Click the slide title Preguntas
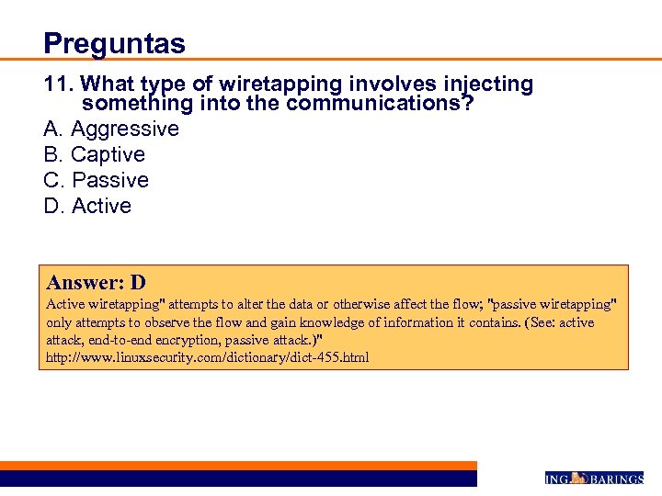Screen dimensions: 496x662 (114, 43)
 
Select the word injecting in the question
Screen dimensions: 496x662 (486, 85)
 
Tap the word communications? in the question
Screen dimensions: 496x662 (380, 104)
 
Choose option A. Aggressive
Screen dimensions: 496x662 (111, 129)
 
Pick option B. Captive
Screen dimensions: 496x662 (95, 154)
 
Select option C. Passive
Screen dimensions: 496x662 (97, 180)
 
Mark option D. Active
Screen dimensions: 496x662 (87, 206)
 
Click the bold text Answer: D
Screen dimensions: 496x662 (96, 283)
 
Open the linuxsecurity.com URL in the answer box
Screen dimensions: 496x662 (208, 356)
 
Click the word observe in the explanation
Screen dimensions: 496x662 (175, 322)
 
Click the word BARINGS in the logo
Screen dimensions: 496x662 (615, 479)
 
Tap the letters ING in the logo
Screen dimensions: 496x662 (557, 479)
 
